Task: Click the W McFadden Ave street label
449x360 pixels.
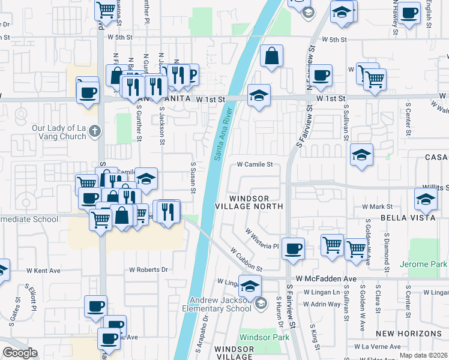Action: point(327,280)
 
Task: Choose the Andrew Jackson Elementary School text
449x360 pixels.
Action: point(220,304)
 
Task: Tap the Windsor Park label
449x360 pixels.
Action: point(264,337)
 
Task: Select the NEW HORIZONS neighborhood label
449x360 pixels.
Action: point(409,333)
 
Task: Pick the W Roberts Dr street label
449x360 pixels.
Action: point(148,269)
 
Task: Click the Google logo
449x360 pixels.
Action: point(20,353)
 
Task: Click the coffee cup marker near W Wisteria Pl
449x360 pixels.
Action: point(293,248)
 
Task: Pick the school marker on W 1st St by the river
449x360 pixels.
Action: point(259,95)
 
